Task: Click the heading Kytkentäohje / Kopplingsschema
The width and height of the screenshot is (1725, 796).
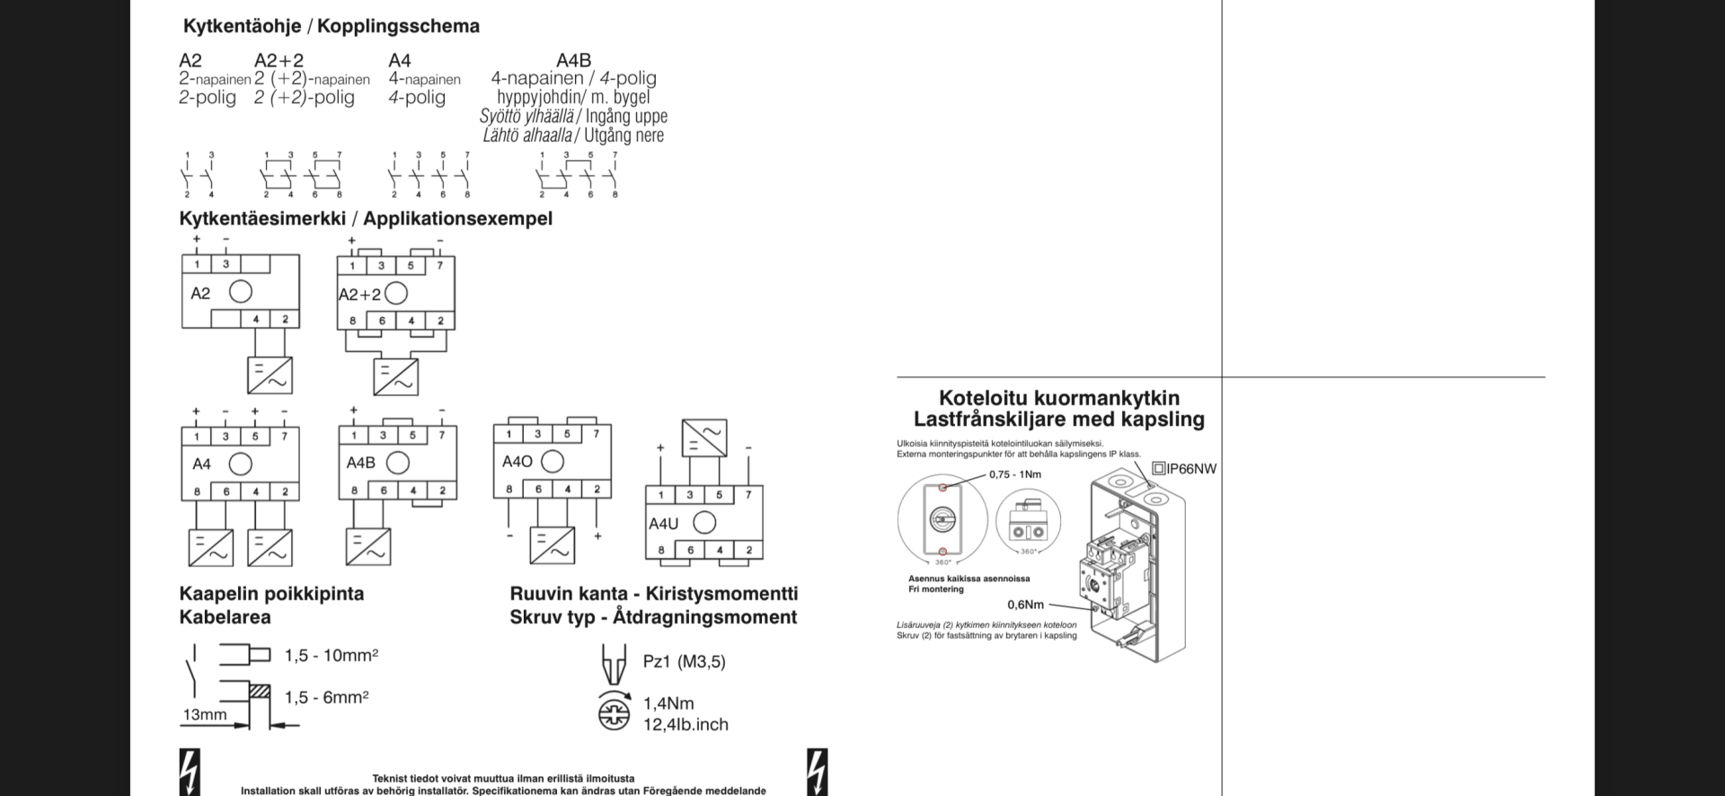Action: (x=331, y=26)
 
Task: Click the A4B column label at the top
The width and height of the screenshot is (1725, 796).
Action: (x=573, y=60)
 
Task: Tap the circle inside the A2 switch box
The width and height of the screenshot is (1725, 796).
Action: (x=241, y=292)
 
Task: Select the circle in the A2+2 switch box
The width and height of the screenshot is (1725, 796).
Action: (x=396, y=293)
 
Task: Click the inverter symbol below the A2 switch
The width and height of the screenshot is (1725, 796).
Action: (x=270, y=376)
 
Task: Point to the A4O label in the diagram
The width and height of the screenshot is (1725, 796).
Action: (x=517, y=462)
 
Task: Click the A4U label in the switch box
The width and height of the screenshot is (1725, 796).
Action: (x=664, y=523)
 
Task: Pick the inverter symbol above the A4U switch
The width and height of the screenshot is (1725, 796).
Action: (x=704, y=438)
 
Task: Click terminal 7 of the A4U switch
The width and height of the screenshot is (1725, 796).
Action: (x=748, y=494)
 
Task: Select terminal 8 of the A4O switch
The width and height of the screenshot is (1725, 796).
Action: (x=509, y=489)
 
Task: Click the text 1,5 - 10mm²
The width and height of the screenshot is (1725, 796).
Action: (x=332, y=656)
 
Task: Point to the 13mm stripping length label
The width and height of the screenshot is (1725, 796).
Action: (x=205, y=715)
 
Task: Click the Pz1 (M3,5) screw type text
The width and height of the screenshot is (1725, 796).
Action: (x=685, y=661)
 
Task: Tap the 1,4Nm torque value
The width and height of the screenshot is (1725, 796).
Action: (x=668, y=703)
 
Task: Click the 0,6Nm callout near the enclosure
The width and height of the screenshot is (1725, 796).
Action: (x=1025, y=605)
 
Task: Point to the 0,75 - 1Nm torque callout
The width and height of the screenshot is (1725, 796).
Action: (x=1015, y=474)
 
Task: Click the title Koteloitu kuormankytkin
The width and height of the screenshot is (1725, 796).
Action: (x=1059, y=398)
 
